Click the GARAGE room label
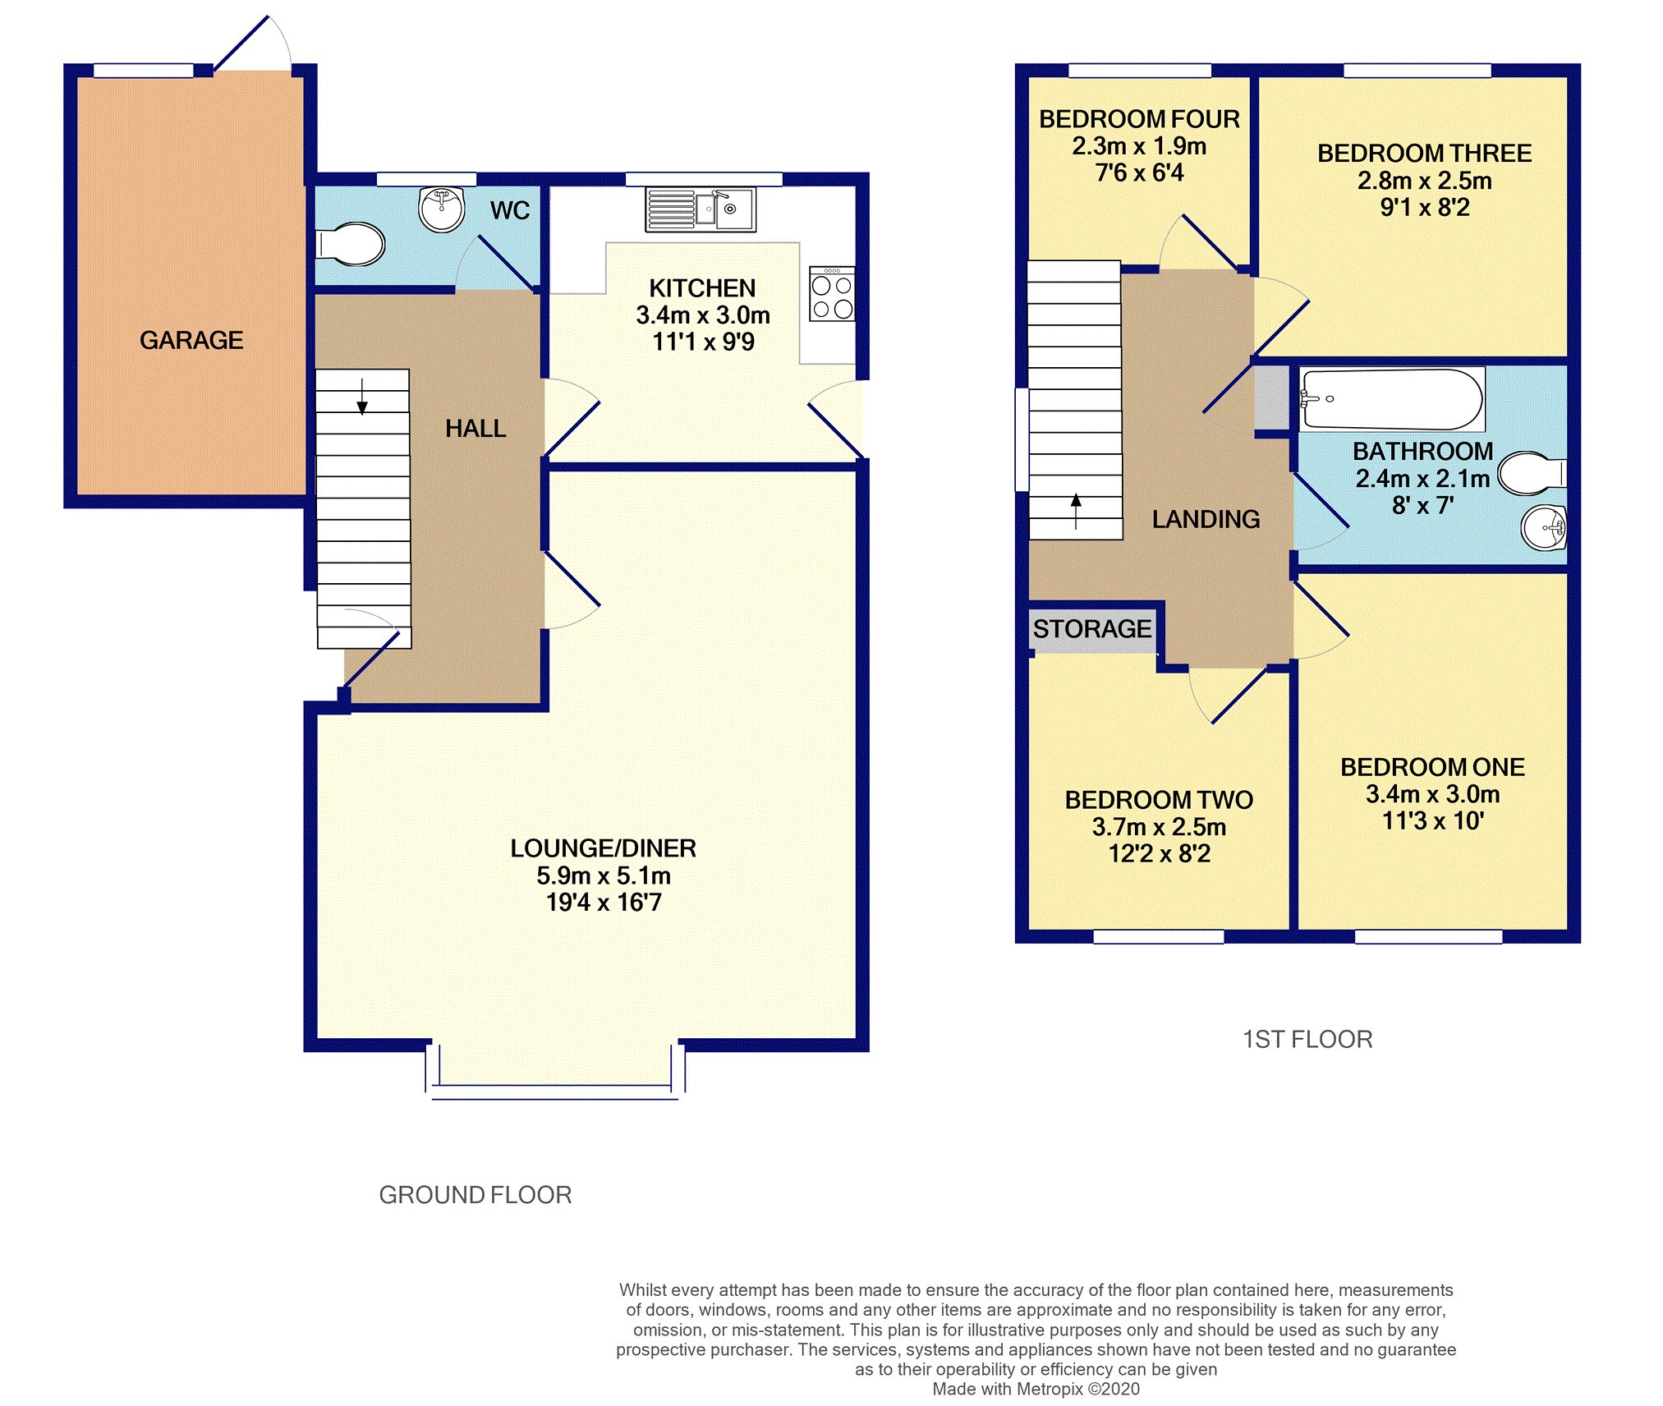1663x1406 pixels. (191, 340)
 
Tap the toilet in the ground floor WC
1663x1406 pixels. (351, 244)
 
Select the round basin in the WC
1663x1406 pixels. (442, 209)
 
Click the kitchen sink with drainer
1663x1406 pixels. (701, 210)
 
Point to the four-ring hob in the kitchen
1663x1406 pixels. (832, 293)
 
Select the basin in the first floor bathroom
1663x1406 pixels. (1544, 527)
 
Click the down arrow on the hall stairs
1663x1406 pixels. (362, 396)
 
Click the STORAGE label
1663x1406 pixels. (1092, 629)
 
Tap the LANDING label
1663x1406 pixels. (1206, 519)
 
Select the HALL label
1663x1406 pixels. (475, 429)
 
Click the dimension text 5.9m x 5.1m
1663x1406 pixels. (604, 875)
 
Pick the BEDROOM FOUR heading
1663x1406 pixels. (1139, 119)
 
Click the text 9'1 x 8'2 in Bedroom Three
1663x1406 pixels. (1425, 208)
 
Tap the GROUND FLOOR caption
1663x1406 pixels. (475, 1195)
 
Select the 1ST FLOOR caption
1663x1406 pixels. (1307, 1040)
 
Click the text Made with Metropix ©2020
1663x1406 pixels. (1036, 1389)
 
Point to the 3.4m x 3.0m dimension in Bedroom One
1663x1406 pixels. (1432, 794)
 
